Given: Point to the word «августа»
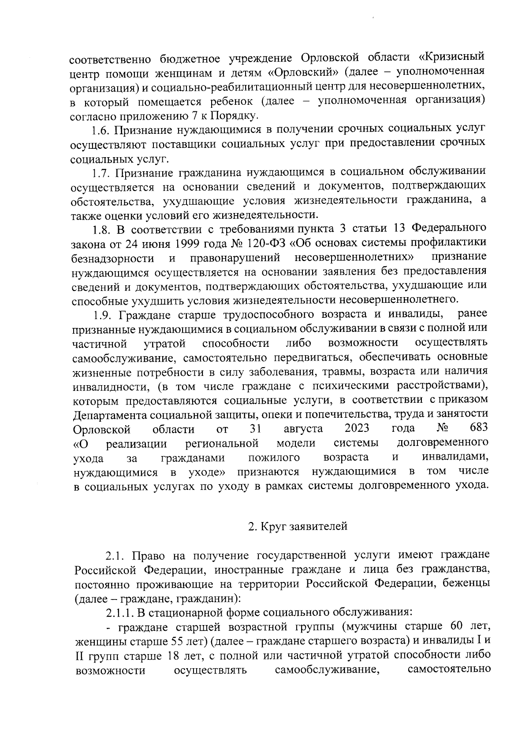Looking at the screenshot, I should coord(303,429).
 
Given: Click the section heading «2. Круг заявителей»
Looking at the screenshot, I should coord(298,526).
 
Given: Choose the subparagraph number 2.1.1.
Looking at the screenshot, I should coord(119,612).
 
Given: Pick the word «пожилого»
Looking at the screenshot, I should coord(274,458).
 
